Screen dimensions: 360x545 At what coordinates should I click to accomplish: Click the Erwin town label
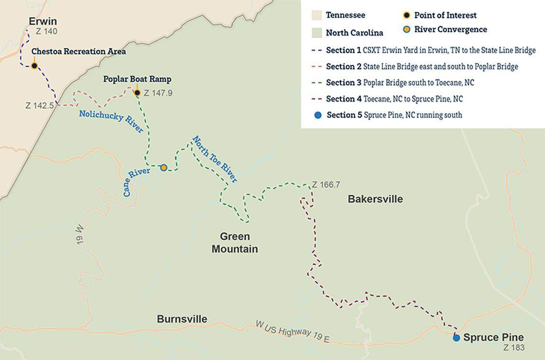(43, 22)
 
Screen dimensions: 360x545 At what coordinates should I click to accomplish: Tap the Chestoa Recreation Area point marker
(34, 66)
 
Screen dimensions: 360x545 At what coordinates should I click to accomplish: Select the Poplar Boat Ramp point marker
(137, 93)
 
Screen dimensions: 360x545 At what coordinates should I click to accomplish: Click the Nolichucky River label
(111, 121)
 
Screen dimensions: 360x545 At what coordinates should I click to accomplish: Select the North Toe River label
(215, 159)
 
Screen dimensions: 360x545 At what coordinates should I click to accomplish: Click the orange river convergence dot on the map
(163, 167)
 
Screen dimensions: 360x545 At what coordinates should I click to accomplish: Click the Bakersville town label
(375, 199)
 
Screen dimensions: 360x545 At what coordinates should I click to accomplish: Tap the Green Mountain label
(235, 243)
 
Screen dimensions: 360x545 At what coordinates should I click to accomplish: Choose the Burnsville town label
(182, 319)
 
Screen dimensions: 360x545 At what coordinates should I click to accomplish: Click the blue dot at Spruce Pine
(456, 338)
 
